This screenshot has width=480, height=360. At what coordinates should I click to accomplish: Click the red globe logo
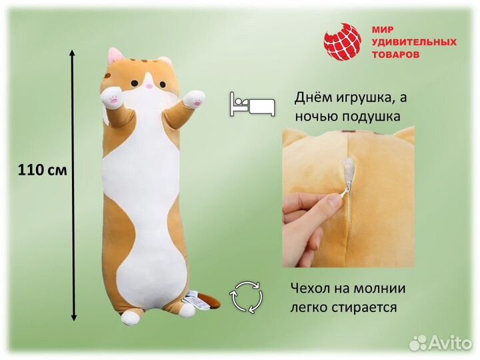tap(343, 42)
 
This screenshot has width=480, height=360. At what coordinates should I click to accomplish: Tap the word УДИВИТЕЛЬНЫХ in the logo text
tap(413, 42)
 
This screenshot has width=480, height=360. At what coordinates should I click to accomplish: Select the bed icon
tap(252, 104)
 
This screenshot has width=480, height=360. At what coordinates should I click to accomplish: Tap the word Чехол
tap(310, 290)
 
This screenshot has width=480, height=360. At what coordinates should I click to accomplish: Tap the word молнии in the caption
tap(378, 290)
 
